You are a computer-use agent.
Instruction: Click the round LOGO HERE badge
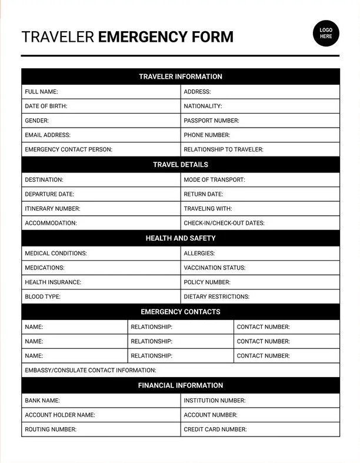coord(326,32)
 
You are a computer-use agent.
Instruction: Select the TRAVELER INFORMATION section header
coord(181,76)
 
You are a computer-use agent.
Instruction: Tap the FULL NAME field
coord(101,92)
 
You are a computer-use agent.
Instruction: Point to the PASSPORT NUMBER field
coord(260,121)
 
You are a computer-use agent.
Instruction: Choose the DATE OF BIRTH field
coord(101,106)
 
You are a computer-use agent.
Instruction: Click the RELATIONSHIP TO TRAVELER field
coord(260,149)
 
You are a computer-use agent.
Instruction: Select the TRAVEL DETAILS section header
coord(181,165)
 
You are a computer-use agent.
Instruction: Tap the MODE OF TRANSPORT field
coord(260,179)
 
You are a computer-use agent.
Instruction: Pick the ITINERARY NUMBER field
coord(101,208)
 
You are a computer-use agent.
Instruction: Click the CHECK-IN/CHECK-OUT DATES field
coord(260,223)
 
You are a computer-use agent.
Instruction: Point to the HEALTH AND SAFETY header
coord(181,238)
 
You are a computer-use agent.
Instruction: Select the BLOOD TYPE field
coord(101,297)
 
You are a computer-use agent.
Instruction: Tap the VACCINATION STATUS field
coord(260,268)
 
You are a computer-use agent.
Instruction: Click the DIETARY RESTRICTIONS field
coord(260,297)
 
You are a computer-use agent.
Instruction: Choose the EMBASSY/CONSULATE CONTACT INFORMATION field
coord(181,371)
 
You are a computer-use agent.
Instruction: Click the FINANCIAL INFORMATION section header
coord(181,385)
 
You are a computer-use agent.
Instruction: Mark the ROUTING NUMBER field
coord(101,429)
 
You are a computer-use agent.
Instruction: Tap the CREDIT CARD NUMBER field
coord(260,429)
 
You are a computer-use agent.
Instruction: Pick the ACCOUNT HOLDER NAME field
coord(101,415)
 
